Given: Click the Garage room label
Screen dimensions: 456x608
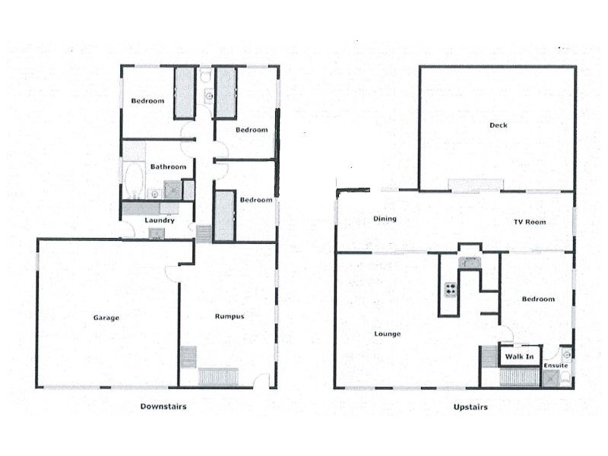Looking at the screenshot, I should (x=106, y=318).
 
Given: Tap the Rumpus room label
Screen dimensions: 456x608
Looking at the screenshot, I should (x=229, y=316).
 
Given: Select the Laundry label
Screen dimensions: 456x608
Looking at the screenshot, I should (x=160, y=220).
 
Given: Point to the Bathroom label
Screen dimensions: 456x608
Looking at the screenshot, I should (x=168, y=166).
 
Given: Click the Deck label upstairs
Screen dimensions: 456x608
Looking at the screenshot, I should (x=498, y=125).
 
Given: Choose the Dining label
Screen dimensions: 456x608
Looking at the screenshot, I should (x=386, y=219).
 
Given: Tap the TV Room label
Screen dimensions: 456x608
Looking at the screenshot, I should (x=530, y=222).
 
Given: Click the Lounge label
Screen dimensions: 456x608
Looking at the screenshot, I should (x=388, y=333).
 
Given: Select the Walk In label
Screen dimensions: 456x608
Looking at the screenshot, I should (x=519, y=356).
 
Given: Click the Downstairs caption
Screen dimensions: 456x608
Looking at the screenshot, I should (x=163, y=407).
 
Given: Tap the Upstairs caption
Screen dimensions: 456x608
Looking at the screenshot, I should (x=472, y=407).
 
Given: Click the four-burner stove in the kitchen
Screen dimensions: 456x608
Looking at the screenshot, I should (x=450, y=290).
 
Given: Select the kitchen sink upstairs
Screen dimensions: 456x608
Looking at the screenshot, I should (x=470, y=263).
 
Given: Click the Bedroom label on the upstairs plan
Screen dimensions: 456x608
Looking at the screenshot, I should (x=538, y=299).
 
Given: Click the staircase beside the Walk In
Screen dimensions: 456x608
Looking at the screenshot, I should (x=487, y=356).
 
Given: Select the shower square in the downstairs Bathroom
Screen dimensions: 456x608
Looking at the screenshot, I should (x=173, y=189).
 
